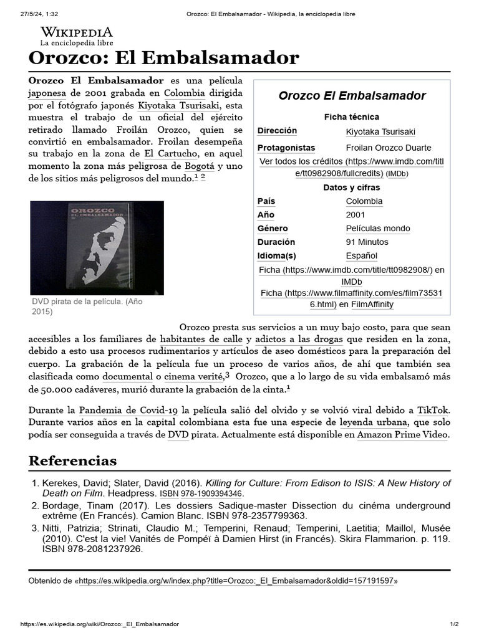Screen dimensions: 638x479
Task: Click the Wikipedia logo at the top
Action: pos(77,36)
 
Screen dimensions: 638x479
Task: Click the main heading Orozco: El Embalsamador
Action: pos(164,59)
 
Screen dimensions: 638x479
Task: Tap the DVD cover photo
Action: pos(97,247)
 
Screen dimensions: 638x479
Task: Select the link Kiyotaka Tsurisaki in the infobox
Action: pos(380,131)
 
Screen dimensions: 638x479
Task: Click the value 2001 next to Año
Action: pos(356,215)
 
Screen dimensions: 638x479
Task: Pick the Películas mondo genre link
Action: pos(378,229)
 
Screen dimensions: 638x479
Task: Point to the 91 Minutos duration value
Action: pos(367,242)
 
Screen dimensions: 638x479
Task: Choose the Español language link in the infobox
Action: pos(362,255)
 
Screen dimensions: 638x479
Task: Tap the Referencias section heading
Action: pos(72,461)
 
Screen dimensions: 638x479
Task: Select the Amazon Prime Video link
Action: pos(402,435)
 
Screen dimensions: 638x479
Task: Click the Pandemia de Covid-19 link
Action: pos(128,410)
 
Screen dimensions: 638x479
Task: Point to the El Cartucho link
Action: pos(170,153)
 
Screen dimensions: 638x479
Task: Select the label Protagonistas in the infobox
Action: pos(286,148)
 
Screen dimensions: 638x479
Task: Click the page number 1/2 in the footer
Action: pos(454,624)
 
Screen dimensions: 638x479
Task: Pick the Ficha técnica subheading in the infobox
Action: pos(351,117)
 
